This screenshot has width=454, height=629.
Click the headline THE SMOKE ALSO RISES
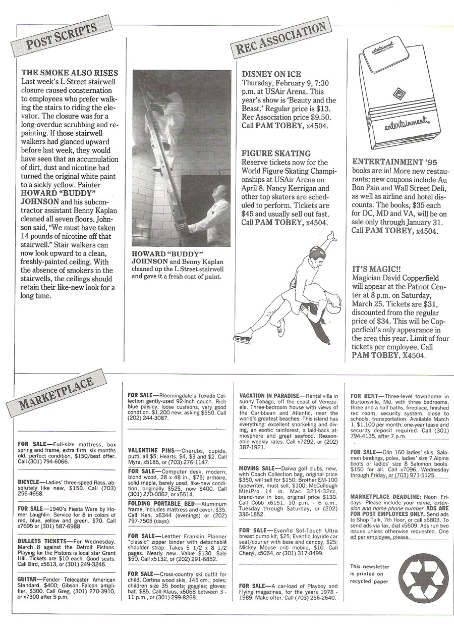tap(70, 73)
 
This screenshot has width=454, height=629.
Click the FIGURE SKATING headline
tap(276, 153)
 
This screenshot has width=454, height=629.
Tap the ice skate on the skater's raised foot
tap(329, 236)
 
